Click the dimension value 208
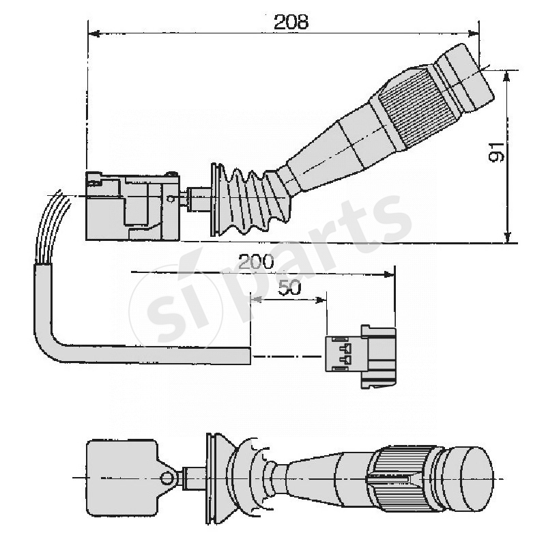[x=291, y=22]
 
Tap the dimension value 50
[x=290, y=288]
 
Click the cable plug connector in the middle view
[x=360, y=356]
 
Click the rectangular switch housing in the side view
[x=132, y=207]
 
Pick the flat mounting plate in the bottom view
[x=120, y=476]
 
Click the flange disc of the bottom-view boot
[x=210, y=477]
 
